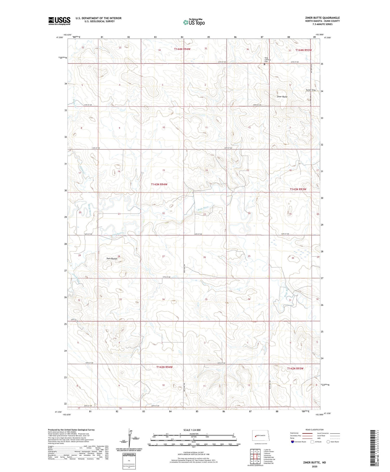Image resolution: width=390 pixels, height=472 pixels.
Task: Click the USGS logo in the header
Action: click(59, 21)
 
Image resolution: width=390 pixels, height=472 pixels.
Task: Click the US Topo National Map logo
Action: click(194, 22)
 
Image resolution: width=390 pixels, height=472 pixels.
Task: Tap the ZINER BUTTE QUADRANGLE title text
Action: click(322, 18)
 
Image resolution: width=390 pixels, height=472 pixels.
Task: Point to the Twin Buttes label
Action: click(112, 259)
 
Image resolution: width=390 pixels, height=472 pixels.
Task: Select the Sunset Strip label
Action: click(310, 90)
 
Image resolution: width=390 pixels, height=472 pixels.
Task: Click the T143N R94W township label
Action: click(159, 184)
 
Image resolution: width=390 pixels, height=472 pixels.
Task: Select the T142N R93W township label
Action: click(295, 368)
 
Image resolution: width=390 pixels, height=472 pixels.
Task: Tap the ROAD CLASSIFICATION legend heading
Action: click(315, 430)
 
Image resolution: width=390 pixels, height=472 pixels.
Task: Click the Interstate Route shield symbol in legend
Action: click(292, 442)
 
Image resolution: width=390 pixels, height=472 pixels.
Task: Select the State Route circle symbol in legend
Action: click(328, 442)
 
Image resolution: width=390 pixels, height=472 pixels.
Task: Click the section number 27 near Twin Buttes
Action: click(163, 256)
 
